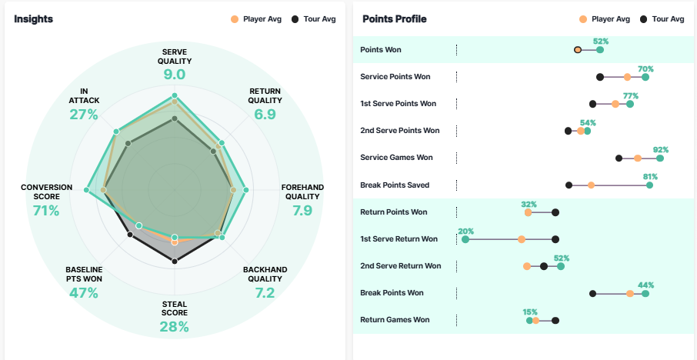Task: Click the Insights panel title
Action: (33, 18)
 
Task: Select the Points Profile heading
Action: (394, 18)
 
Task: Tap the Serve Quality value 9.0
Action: (175, 75)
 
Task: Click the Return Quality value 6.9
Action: (265, 115)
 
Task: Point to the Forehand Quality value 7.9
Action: (302, 210)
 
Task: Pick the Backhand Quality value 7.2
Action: (265, 292)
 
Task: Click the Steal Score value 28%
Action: (175, 327)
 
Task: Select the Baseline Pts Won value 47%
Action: (83, 292)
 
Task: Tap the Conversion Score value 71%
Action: (46, 210)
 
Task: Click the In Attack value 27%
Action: (84, 115)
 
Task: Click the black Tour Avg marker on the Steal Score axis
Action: (175, 262)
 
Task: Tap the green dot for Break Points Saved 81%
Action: (649, 185)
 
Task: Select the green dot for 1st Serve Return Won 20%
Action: (465, 239)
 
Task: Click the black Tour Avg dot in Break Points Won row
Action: (593, 293)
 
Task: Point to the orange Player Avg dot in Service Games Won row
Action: (638, 158)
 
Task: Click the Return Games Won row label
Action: (395, 320)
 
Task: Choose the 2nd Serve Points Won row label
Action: (400, 131)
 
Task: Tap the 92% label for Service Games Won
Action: (661, 149)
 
